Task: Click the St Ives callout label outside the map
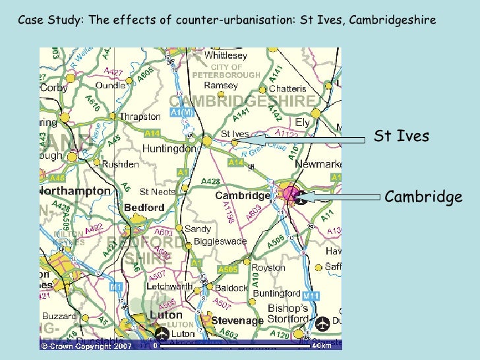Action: tap(402, 136)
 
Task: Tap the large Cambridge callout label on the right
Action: tap(423, 196)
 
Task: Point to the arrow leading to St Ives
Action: tap(310, 140)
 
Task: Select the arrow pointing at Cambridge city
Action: tap(340, 196)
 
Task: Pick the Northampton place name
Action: tap(75, 191)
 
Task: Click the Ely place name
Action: tap(302, 123)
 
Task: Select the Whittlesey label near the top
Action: tap(225, 56)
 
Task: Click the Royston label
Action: tap(270, 268)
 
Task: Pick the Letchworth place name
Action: tap(169, 286)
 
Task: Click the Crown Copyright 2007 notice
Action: tap(86, 345)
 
